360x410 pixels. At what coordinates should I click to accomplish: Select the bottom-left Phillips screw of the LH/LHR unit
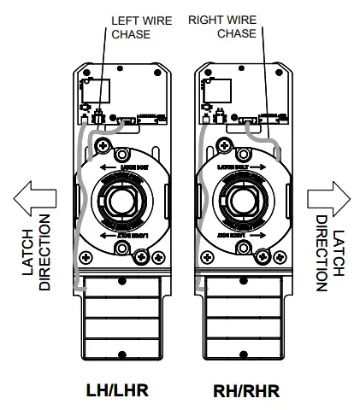pyautogui.click(x=88, y=256)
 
